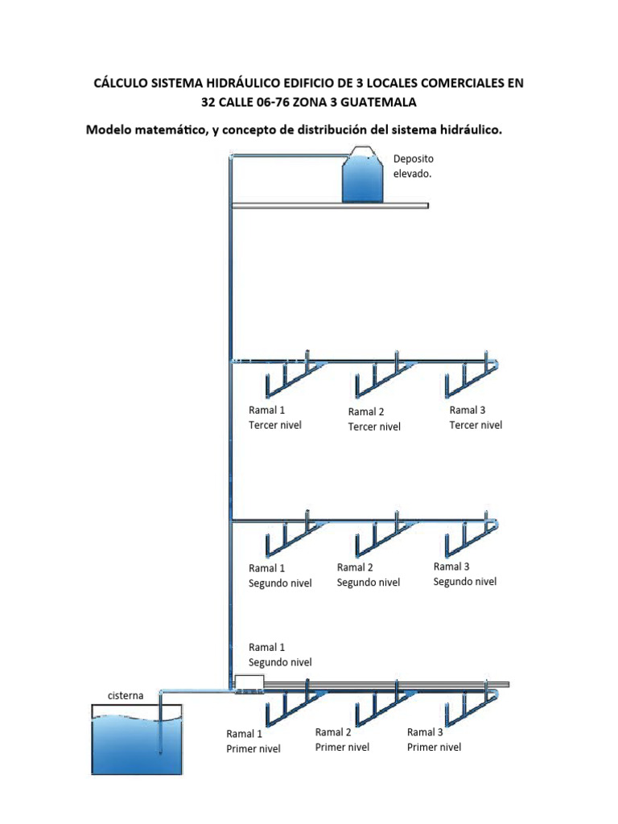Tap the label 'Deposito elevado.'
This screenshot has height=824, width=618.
(x=413, y=166)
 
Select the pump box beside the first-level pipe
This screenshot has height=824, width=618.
(x=249, y=683)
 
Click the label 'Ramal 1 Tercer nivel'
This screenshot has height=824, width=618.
(x=275, y=418)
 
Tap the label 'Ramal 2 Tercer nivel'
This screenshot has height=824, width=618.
(x=374, y=419)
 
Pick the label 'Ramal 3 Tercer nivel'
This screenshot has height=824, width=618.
(x=476, y=418)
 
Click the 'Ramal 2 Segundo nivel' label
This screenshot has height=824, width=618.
(x=368, y=575)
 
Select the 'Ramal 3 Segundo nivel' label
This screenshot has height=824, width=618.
(x=465, y=574)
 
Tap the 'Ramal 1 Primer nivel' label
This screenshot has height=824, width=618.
(x=253, y=741)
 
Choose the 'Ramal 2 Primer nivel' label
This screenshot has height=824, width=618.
(x=342, y=740)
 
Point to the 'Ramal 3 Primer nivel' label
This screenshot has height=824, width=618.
(x=435, y=740)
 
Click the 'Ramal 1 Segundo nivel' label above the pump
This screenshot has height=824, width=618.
(x=280, y=654)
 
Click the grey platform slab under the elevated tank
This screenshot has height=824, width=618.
(x=330, y=206)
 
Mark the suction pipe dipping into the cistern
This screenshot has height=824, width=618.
(x=160, y=724)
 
